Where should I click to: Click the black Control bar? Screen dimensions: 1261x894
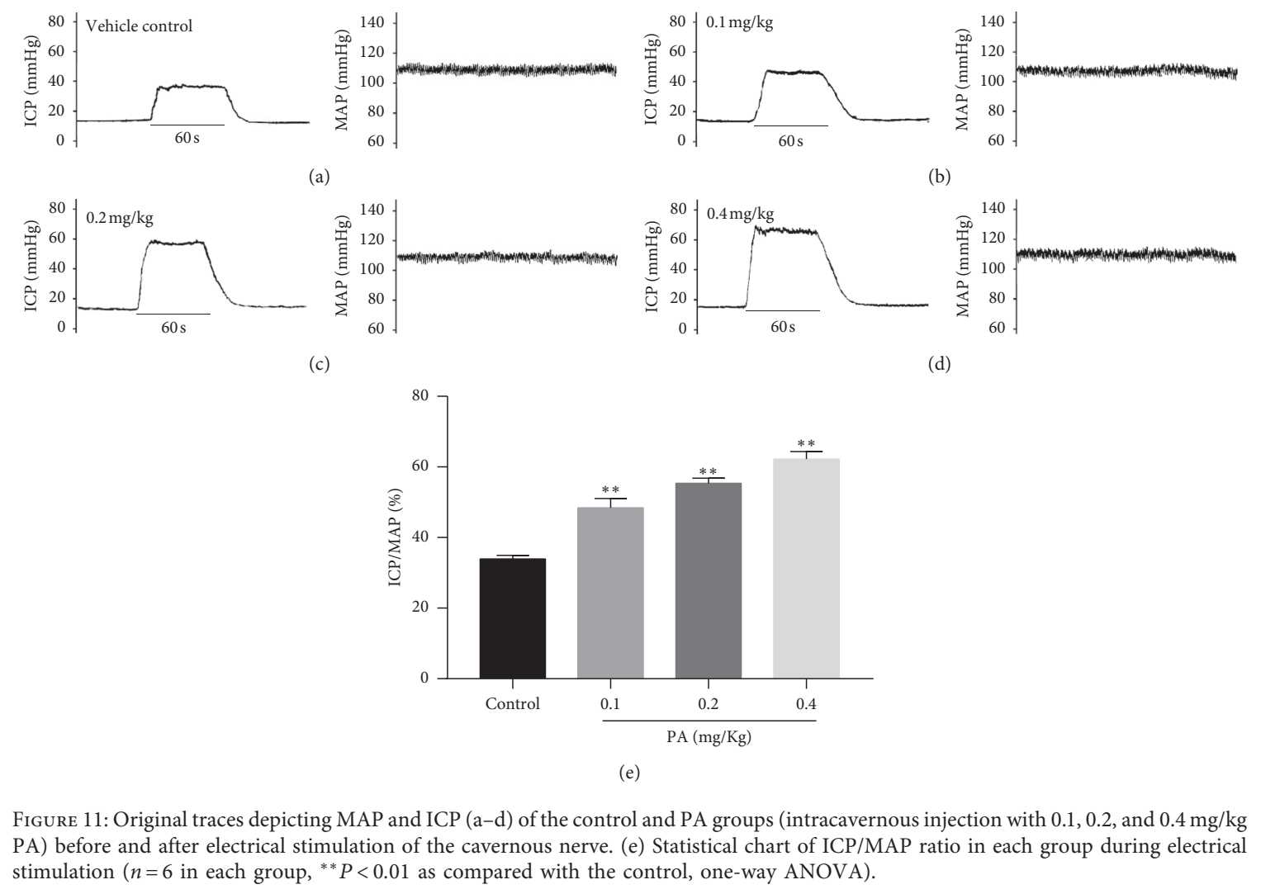pos(512,618)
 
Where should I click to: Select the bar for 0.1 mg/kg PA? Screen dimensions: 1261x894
pos(610,593)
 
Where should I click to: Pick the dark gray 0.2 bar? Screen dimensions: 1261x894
pos(709,580)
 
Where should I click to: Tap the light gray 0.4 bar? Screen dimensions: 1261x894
pos(806,568)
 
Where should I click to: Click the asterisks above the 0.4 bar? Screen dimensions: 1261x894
pos(806,444)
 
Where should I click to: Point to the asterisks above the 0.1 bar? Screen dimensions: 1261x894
pos(610,490)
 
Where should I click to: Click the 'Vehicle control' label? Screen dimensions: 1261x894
pos(139,26)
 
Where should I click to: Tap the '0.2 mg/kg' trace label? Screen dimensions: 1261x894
pos(120,218)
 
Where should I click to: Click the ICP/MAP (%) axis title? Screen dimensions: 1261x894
pos(396,537)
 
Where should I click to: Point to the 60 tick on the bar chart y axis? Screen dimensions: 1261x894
pos(420,466)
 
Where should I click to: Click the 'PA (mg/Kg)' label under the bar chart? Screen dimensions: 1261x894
pos(709,737)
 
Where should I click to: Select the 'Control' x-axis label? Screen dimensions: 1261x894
pos(512,704)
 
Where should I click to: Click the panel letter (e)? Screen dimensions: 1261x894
pos(629,773)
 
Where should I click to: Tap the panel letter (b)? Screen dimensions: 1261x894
pos(939,177)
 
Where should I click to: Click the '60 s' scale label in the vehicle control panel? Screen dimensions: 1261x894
pos(187,138)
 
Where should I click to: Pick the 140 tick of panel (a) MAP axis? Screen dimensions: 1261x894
pos(372,22)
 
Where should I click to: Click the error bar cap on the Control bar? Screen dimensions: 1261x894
pos(512,556)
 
